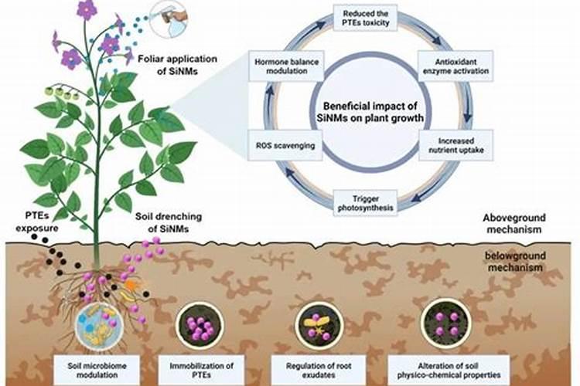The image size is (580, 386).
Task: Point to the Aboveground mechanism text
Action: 522,224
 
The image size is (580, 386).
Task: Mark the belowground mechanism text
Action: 522,262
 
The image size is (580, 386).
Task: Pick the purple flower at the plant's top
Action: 87,10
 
